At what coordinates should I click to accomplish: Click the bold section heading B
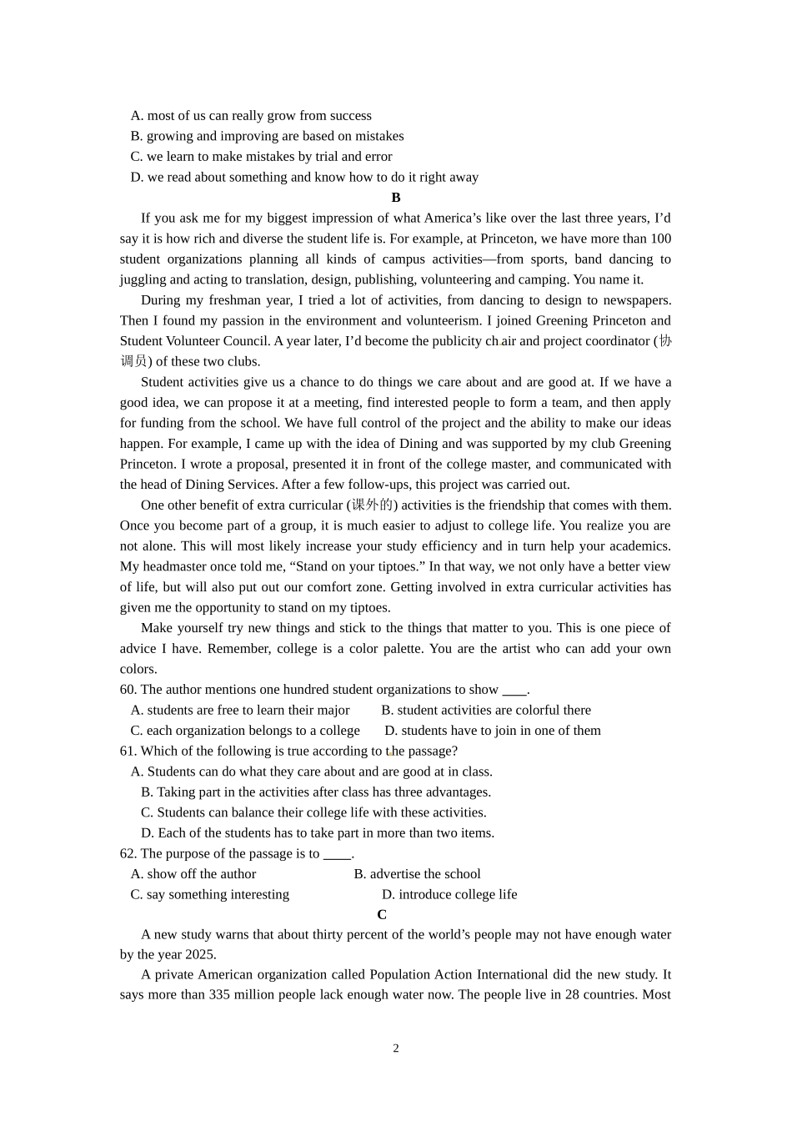tap(396, 198)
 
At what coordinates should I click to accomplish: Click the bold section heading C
tap(382, 914)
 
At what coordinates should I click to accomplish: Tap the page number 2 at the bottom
tap(396, 1048)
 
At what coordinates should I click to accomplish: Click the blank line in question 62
tap(337, 854)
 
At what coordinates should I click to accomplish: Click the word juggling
tap(143, 279)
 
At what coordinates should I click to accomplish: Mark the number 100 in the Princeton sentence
tap(661, 239)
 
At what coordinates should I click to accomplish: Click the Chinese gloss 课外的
tap(372, 505)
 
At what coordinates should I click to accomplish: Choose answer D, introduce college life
tap(449, 894)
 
